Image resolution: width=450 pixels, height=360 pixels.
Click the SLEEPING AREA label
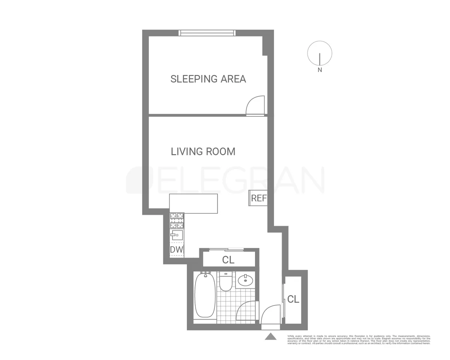point(208,79)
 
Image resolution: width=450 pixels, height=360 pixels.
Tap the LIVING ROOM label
point(203,151)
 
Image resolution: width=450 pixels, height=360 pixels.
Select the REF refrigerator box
point(258,198)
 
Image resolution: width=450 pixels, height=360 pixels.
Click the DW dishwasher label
point(177,250)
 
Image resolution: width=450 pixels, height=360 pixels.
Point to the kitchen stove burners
point(177,220)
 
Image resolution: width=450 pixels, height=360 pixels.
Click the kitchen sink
point(177,235)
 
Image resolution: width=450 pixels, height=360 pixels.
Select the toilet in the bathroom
point(226,282)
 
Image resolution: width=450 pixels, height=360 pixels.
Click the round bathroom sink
point(246,280)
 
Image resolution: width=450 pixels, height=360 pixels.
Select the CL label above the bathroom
point(228,260)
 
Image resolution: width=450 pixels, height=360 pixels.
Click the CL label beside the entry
point(293,299)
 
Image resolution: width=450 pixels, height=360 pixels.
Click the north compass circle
point(319,53)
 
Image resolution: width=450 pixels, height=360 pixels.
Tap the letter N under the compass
point(319,70)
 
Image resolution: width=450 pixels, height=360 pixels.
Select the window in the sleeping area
point(207,33)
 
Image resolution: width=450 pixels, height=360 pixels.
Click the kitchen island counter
point(193,203)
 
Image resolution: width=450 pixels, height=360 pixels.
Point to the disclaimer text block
point(358,339)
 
